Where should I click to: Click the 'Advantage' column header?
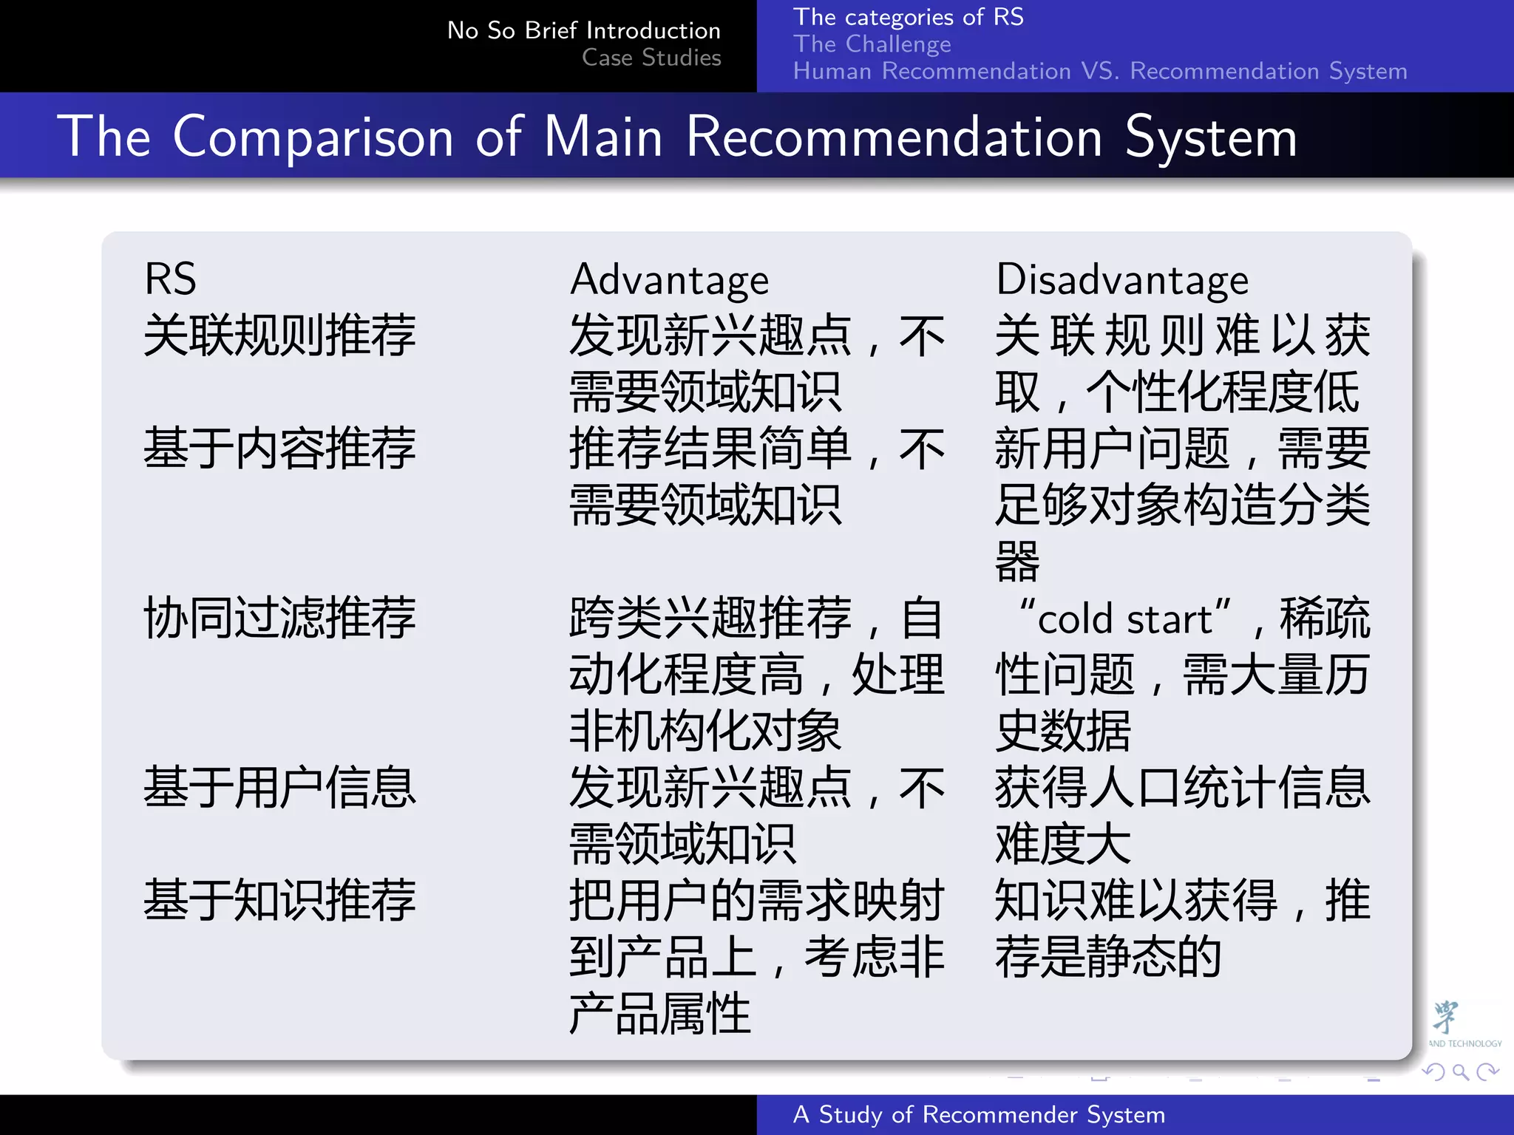669,281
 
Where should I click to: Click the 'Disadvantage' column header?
1121,281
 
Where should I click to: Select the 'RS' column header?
170,279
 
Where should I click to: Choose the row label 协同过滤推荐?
279,618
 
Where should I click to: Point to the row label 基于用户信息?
279,788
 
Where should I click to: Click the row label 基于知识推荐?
279,901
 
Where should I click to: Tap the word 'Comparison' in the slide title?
313,137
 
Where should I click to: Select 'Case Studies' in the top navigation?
651,58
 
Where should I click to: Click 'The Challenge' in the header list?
872,44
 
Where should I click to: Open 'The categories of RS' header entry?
908,17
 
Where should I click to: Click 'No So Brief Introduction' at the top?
583,30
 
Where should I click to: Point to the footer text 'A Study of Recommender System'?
979,1114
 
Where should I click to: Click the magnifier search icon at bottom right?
1460,1071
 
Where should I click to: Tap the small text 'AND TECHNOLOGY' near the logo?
1464,1043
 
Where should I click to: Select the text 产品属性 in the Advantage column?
659,1014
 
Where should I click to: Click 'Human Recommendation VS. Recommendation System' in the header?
1099,72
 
